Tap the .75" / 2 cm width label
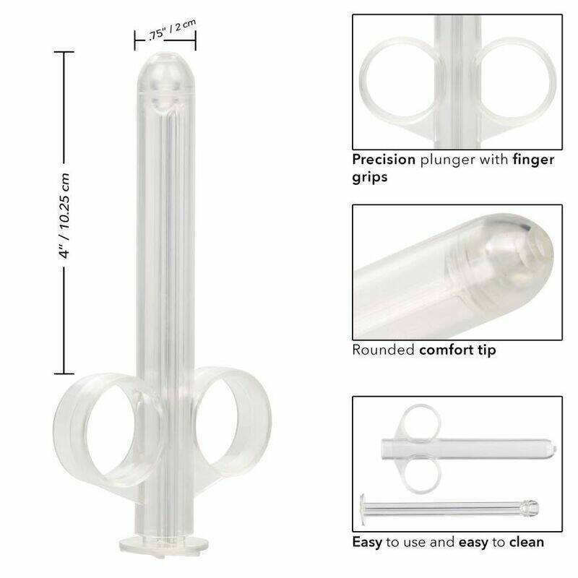pyautogui.click(x=166, y=33)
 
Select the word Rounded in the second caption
pyautogui.click(x=384, y=350)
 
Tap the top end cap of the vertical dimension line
pyautogui.click(x=64, y=53)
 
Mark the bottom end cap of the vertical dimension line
pyautogui.click(x=64, y=374)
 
